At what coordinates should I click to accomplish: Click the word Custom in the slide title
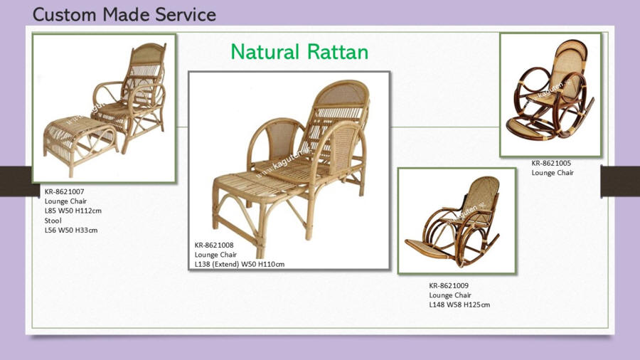[x=65, y=15]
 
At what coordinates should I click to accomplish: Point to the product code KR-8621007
[x=65, y=191]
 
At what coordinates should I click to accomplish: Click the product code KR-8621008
[x=214, y=245]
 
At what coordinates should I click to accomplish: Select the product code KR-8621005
[x=551, y=163]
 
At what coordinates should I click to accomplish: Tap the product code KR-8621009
[x=449, y=285]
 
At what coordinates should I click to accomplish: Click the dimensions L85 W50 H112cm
[x=73, y=211]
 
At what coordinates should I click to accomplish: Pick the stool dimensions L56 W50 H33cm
[x=71, y=231]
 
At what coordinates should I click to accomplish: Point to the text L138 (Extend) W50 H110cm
[x=239, y=264]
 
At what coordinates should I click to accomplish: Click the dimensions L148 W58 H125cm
[x=459, y=305]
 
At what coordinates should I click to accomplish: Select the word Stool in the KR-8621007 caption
[x=53, y=221]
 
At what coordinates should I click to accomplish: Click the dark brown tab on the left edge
[x=16, y=181]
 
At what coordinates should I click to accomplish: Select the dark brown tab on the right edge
[x=620, y=181]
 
